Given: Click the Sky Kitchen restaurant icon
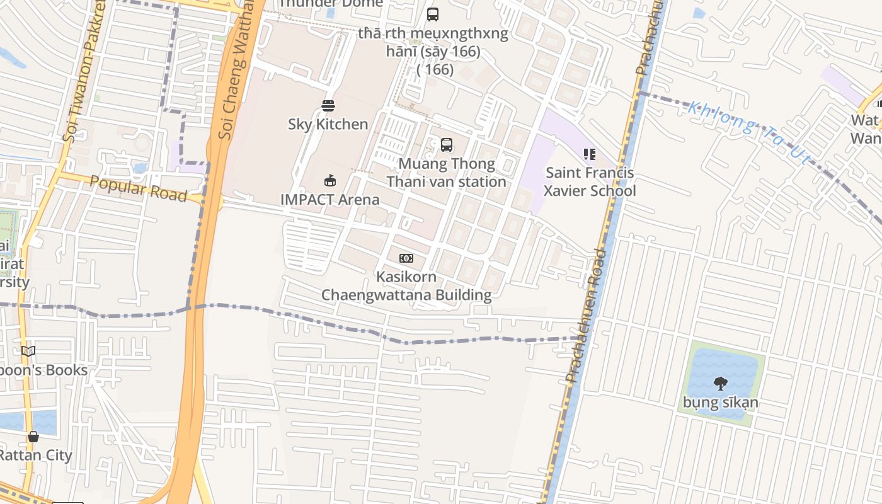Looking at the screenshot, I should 328,105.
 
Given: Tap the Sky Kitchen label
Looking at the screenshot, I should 328,124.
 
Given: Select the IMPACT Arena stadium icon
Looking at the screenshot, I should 329,181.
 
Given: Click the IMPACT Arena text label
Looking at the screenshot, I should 330,200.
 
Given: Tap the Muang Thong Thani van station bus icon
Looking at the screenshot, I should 447,145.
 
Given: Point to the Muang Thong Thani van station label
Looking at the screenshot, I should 446,173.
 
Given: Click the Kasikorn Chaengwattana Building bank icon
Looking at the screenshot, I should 406,258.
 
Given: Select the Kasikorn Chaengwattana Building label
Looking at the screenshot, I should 406,286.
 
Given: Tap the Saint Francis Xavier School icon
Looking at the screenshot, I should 590,154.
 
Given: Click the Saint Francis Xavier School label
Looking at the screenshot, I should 590,182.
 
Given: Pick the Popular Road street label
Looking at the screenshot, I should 138,188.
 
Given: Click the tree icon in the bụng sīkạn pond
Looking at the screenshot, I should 721,383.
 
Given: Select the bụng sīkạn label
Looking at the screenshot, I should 721,402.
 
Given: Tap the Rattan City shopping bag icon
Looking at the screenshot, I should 33,437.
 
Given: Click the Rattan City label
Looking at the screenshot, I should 36,455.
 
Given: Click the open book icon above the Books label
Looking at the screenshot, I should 28,351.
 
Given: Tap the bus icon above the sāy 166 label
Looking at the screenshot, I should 433,14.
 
